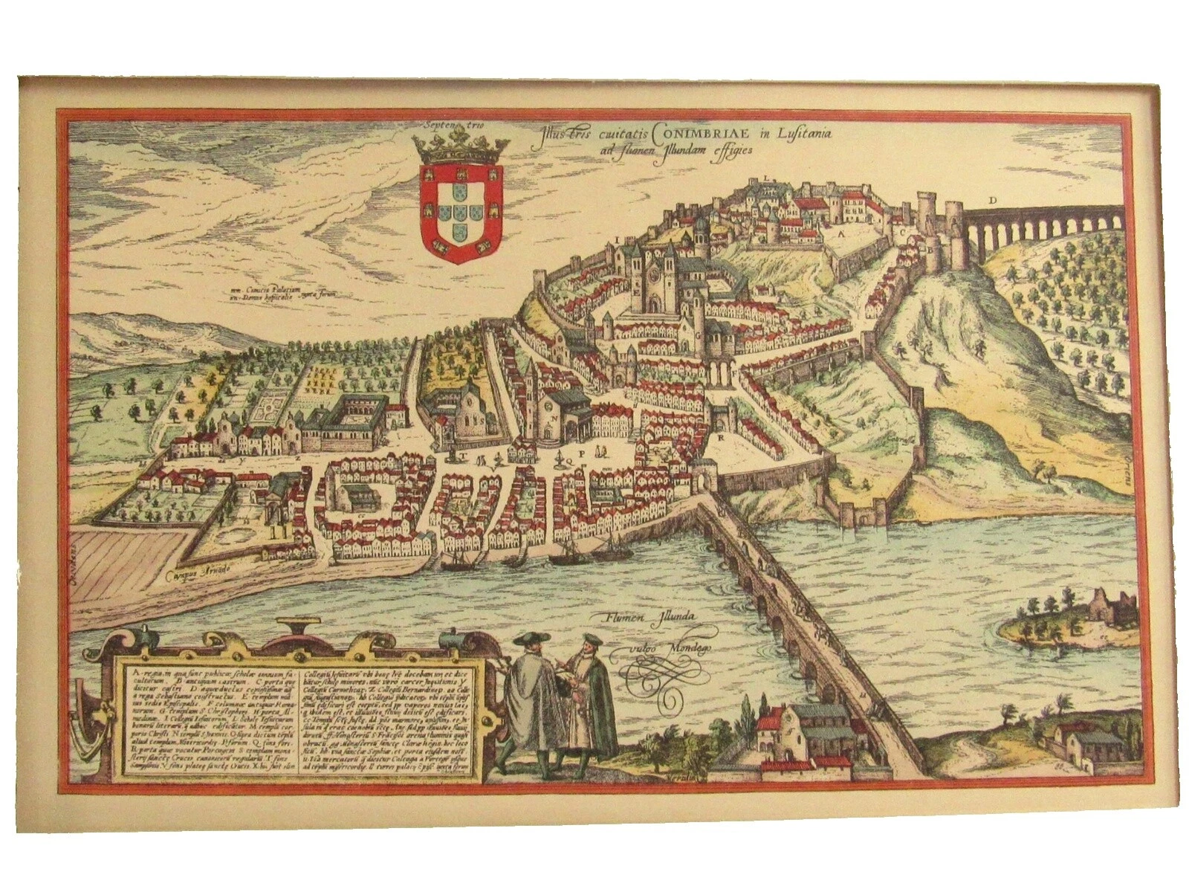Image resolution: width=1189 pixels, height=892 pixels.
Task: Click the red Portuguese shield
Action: [461, 213]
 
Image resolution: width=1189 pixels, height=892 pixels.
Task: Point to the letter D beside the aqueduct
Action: [992, 200]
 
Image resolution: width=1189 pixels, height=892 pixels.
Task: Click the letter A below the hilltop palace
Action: [842, 232]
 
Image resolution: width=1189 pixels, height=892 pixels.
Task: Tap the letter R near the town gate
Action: [722, 437]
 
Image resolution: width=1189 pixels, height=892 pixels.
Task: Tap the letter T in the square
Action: [461, 453]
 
